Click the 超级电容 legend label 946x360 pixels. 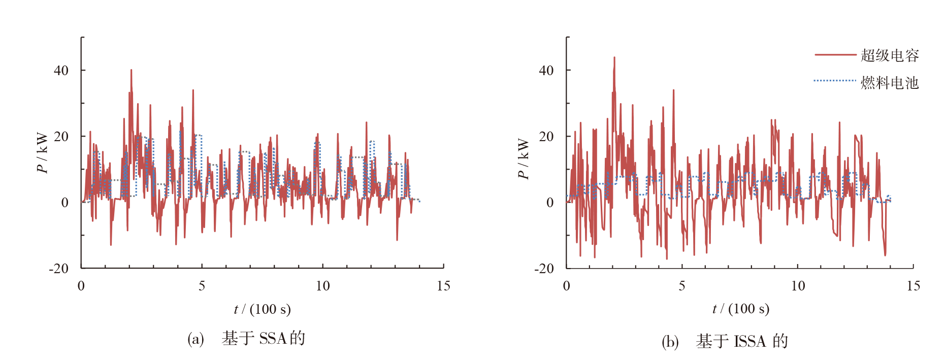tap(890, 55)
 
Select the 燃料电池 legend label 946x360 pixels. tap(890, 82)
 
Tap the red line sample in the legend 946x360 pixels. tap(835, 55)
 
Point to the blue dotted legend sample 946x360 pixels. tap(835, 80)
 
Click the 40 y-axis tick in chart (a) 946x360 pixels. tap(61, 71)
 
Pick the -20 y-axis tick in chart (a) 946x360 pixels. tap(58, 269)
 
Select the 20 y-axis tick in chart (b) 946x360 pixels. tap(546, 136)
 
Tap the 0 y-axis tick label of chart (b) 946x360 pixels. tap(550, 203)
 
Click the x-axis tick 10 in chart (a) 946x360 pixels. tap(322, 286)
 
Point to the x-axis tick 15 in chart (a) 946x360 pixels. tap(443, 286)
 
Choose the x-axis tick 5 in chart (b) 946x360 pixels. tap(682, 286)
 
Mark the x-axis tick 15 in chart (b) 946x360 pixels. tap(913, 286)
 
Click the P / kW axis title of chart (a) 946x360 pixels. tap(42, 153)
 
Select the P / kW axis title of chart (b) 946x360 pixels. tap(523, 159)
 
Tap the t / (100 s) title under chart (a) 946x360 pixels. tap(262, 309)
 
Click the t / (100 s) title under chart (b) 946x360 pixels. tap(741, 309)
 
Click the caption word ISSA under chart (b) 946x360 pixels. tap(750, 341)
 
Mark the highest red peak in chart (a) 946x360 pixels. tap(131, 70)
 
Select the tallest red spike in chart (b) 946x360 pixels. tap(614, 57)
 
